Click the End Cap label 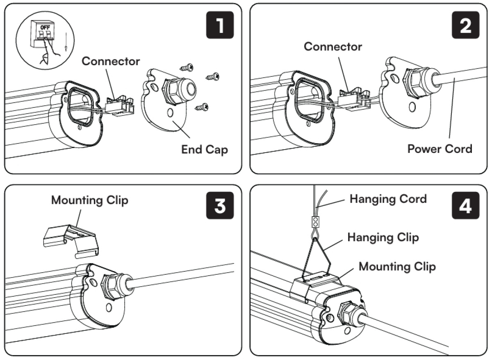[204, 149]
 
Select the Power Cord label [440, 148]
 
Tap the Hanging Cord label [388, 199]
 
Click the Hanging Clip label [383, 237]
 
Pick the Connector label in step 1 [111, 62]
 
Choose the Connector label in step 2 [333, 47]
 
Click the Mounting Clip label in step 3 [90, 201]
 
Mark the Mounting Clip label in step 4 [397, 266]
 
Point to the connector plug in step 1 [119, 106]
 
